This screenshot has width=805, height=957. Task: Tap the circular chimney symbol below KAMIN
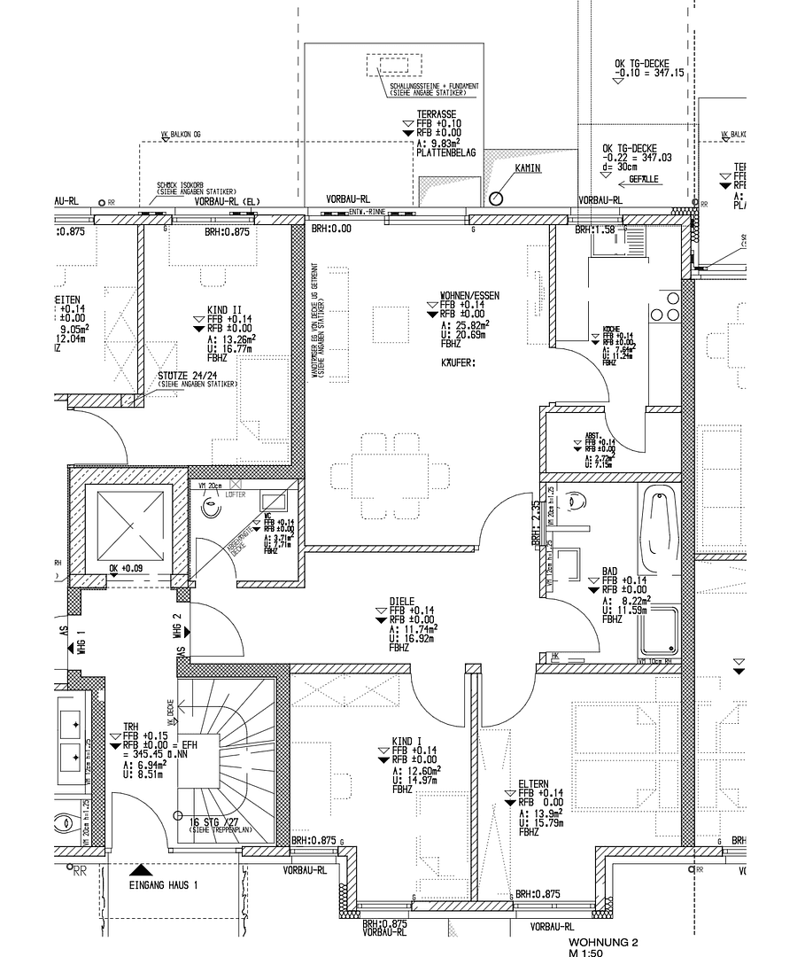(496, 198)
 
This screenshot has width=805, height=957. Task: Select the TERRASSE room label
(436, 114)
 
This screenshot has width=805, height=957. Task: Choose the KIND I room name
(407, 739)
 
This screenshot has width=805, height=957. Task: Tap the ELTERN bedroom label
(535, 783)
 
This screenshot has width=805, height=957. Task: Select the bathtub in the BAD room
(658, 523)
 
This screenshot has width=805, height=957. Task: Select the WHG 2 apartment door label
(177, 626)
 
